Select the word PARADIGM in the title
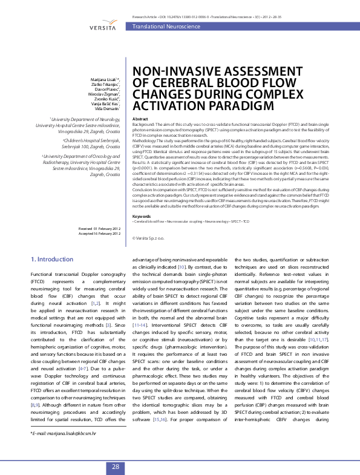pos(218,106)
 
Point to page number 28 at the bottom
pos(115,466)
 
